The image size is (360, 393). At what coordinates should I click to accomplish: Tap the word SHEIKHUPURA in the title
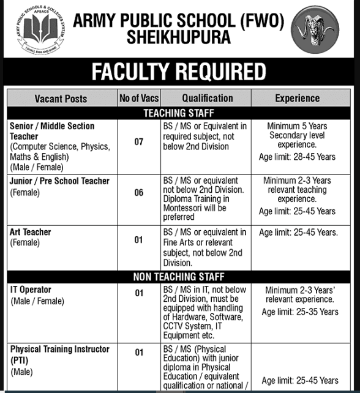[x=179, y=38]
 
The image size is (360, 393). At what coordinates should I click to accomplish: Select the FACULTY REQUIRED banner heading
[x=179, y=72]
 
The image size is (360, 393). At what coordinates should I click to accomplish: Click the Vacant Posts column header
[x=61, y=98]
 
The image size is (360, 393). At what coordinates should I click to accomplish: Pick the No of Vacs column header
[x=138, y=98]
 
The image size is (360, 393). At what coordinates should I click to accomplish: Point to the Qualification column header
[x=207, y=98]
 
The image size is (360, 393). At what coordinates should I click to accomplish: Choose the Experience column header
[x=297, y=98]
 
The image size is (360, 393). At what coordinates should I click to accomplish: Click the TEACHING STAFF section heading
[x=179, y=113]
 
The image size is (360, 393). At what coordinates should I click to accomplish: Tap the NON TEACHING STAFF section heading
[x=179, y=277]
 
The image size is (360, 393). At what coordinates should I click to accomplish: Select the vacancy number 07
[x=139, y=141]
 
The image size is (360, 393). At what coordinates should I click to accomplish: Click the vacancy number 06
[x=139, y=192]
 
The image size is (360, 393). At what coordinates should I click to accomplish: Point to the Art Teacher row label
[x=31, y=232]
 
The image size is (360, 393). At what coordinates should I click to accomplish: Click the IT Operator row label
[x=31, y=289]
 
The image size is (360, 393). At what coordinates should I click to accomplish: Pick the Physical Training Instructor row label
[x=60, y=349]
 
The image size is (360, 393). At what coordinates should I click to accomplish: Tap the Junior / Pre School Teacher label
[x=60, y=181]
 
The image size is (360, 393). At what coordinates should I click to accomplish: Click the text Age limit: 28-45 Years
[x=297, y=157]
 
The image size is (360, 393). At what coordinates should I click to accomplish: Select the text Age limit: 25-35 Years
[x=300, y=312]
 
